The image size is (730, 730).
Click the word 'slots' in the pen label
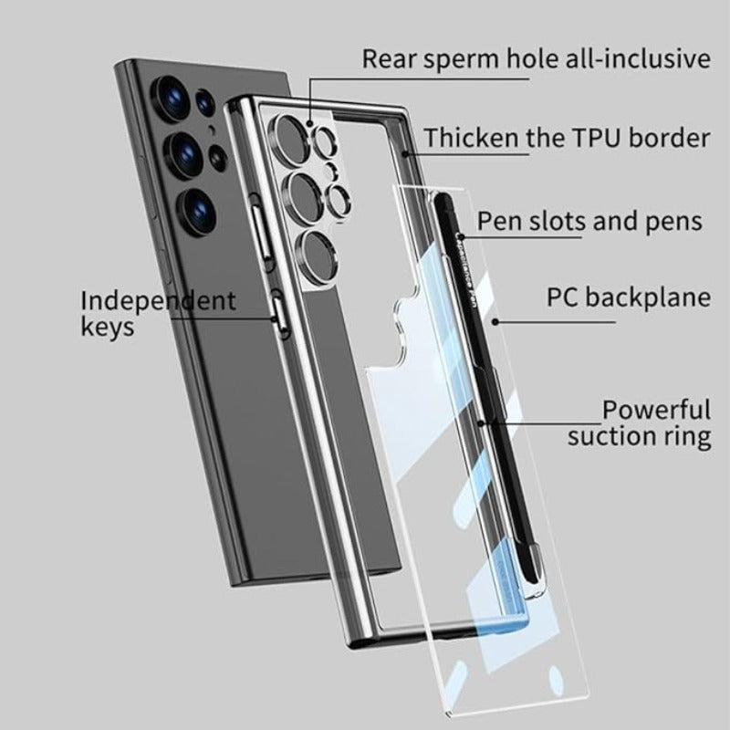coord(559,221)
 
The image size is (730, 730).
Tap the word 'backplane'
coord(652,297)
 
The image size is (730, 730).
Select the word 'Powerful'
coord(655,410)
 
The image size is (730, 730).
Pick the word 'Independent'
coord(158,300)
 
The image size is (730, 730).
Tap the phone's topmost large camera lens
coord(172,94)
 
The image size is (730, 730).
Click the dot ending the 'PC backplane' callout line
coord(494,321)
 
